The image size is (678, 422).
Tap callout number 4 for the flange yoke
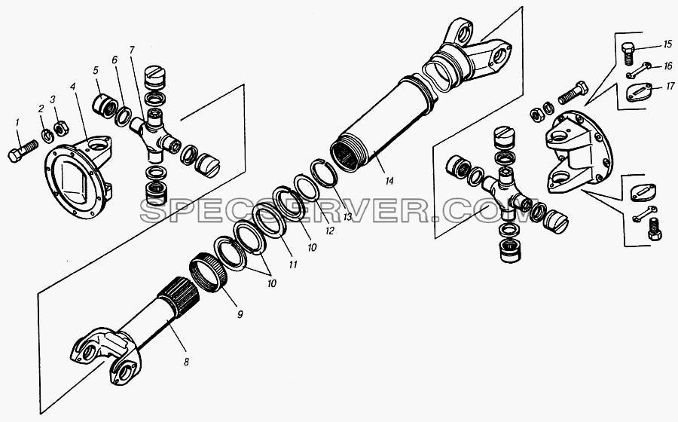[x=73, y=87]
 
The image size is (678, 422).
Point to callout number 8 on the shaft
[x=186, y=362]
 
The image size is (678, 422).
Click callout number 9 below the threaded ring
[x=240, y=314]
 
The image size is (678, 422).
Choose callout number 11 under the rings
[x=293, y=265]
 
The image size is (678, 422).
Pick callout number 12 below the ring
[x=329, y=231]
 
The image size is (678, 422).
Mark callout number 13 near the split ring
[x=348, y=217]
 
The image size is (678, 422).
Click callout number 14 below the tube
[x=389, y=181]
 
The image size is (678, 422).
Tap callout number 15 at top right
[x=667, y=44]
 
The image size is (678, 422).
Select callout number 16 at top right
[x=668, y=66]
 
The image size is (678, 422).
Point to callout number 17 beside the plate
[x=670, y=87]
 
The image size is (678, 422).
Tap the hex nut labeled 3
[x=60, y=128]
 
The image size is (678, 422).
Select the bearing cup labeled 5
[x=104, y=107]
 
